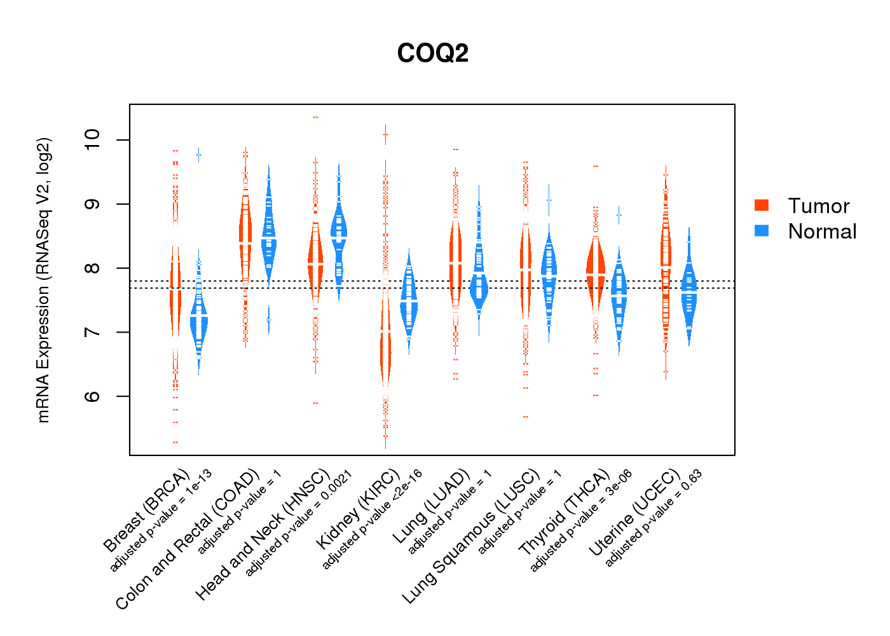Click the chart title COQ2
[433, 53]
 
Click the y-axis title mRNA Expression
[43, 280]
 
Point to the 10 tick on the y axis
[93, 139]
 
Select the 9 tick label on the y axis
[93, 204]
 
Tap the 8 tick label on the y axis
[93, 268]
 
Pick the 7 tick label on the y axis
[93, 332]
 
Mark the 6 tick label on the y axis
[93, 396]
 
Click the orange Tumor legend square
[762, 205]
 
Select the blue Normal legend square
[762, 230]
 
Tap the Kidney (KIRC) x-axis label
[359, 509]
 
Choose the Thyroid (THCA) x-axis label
[565, 513]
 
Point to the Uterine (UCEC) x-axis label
[635, 513]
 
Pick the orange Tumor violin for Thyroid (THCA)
[595, 273]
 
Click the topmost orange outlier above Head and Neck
[315, 118]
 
